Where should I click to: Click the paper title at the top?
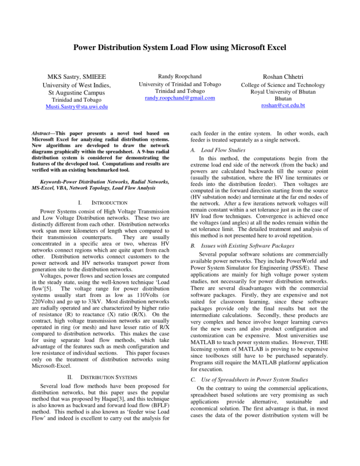[180, 48]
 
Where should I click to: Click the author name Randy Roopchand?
[180, 76]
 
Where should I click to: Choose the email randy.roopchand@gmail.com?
[180, 98]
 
